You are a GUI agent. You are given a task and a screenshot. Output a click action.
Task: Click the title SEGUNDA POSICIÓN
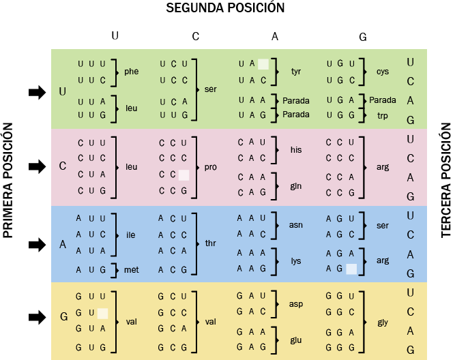225,7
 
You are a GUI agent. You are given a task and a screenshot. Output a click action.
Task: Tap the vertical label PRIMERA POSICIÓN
8,180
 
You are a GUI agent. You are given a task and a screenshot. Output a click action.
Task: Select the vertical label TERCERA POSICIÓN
446,180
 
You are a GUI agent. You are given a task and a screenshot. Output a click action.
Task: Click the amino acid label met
132,270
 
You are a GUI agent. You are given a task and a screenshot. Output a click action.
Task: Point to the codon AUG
91,270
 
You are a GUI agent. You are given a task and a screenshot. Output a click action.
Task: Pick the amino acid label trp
383,116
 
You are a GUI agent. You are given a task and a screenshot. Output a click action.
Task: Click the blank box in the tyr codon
263,64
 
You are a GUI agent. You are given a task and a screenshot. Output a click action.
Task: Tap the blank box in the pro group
184,175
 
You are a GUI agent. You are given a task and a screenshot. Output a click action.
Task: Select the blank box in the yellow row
103,314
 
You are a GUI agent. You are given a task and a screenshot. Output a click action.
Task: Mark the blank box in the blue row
351,269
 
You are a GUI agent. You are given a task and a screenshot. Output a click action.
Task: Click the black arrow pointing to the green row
37,93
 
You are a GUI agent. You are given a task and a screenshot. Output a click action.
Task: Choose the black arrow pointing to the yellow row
37,317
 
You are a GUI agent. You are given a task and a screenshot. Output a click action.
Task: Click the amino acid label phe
132,72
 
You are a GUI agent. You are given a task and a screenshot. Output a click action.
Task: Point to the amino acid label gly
383,322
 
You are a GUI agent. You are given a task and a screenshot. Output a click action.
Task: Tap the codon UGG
340,115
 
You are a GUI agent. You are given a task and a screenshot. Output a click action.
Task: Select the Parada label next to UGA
383,100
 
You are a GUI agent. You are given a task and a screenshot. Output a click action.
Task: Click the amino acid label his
296,150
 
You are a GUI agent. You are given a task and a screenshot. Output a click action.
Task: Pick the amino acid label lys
296,261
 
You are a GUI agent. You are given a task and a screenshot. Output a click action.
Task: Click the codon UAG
252,115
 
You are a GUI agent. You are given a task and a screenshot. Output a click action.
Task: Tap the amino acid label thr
210,243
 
